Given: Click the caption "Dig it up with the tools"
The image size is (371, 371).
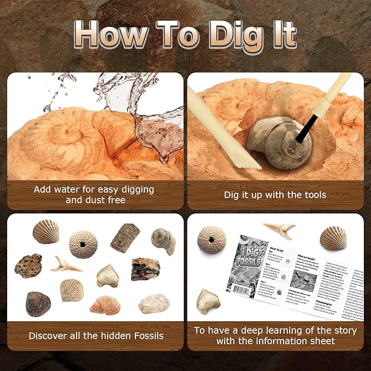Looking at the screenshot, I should [275, 195].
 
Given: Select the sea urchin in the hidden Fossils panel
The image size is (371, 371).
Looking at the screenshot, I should [83, 244].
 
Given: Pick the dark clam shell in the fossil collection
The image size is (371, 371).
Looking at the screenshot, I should [38, 303].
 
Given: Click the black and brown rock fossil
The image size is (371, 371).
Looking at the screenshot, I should [145, 269].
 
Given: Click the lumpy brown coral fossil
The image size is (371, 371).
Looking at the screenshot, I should [28, 266].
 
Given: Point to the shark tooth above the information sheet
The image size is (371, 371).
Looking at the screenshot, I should [279, 229].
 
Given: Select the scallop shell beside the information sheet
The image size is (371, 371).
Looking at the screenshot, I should [333, 238].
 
